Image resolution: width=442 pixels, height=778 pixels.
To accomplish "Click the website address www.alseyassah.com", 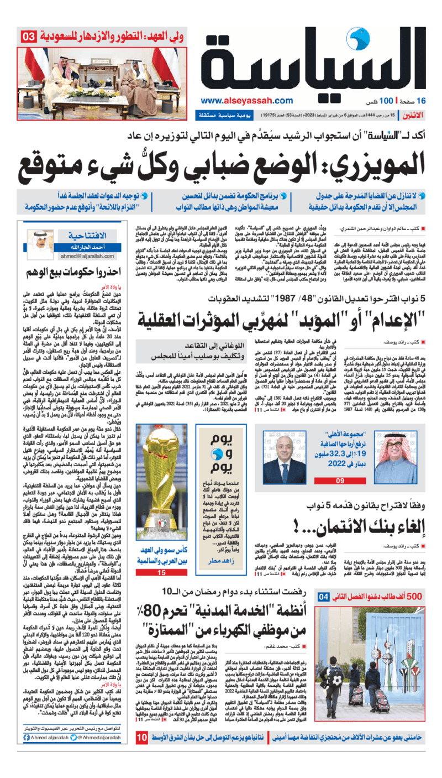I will click(x=246, y=101).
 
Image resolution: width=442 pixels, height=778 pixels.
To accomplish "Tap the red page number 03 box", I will click(x=28, y=38).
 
